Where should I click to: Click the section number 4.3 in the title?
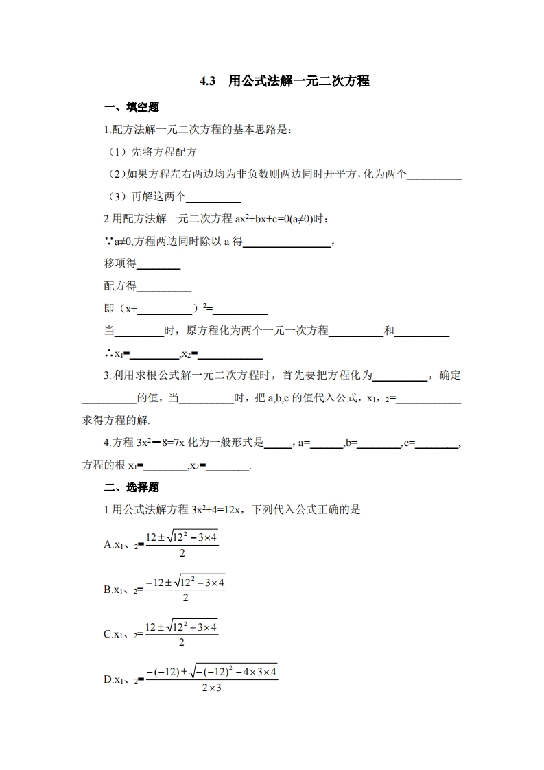tap(207, 81)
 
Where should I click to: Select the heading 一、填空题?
tap(131, 107)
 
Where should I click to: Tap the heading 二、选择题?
tap(131, 487)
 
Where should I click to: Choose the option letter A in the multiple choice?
tap(108, 544)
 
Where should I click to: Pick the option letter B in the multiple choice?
tap(108, 589)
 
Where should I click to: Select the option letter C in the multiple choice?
tap(108, 634)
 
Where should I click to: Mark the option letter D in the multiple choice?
tap(108, 679)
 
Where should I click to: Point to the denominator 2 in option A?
tap(182, 553)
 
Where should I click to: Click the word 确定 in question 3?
tap(450, 375)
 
